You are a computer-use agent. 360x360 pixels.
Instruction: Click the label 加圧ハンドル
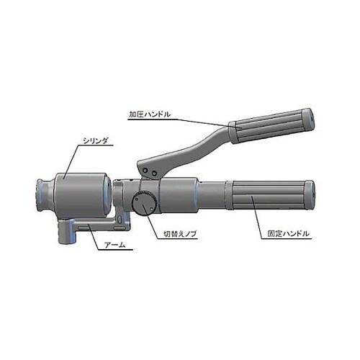(x=150, y=114)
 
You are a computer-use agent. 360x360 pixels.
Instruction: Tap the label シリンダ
(x=95, y=141)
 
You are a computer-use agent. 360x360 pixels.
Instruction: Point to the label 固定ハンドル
(x=288, y=234)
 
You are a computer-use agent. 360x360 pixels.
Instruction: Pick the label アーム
(x=115, y=245)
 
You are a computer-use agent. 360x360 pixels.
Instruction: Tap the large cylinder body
(x=81, y=195)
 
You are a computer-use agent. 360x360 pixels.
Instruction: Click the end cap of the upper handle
(x=308, y=120)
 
